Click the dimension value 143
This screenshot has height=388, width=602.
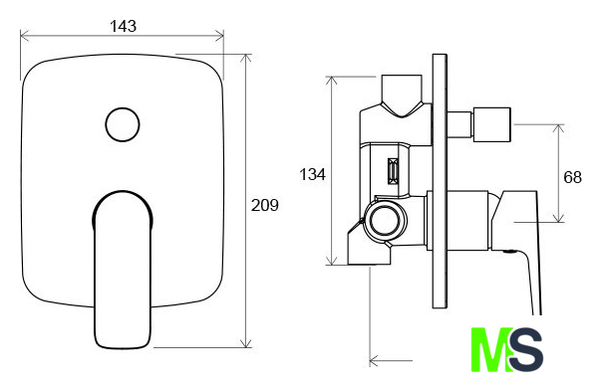(x=123, y=26)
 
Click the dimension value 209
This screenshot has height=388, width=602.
(x=264, y=205)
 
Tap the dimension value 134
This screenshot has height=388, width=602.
(x=312, y=174)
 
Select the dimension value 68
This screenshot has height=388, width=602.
(x=572, y=177)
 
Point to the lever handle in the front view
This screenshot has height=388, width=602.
(x=123, y=270)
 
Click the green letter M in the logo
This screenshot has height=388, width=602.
(x=491, y=349)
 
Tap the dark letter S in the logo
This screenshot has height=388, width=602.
(x=526, y=349)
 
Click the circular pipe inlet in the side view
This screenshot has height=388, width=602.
(x=385, y=221)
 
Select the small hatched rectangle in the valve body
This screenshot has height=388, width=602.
(x=393, y=171)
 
